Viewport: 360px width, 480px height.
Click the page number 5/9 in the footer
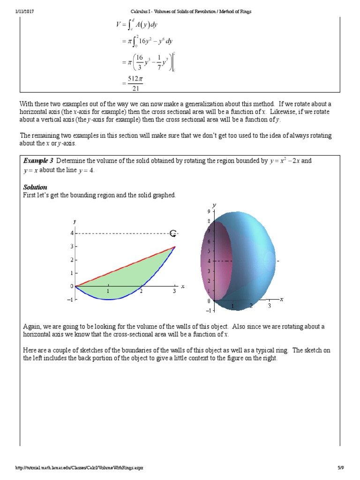[x=340, y=467]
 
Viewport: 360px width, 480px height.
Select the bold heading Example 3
[x=38, y=161]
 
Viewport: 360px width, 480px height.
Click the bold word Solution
[x=35, y=187]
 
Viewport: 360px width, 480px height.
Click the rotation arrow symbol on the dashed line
[x=173, y=233]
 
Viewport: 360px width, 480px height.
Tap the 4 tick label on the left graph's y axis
[x=72, y=233]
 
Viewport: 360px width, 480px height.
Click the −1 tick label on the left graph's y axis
[x=70, y=300]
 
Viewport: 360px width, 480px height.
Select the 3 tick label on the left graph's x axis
[x=174, y=292]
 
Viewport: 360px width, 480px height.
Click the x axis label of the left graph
[x=182, y=286]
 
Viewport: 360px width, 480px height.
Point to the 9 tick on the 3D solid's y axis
[x=209, y=211]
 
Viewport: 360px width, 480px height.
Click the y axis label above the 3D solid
[x=214, y=205]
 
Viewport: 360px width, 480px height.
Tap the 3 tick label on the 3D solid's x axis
[x=270, y=306]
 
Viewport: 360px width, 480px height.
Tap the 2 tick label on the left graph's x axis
[x=141, y=292]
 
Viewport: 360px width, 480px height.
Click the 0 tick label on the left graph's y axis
[x=72, y=286]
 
